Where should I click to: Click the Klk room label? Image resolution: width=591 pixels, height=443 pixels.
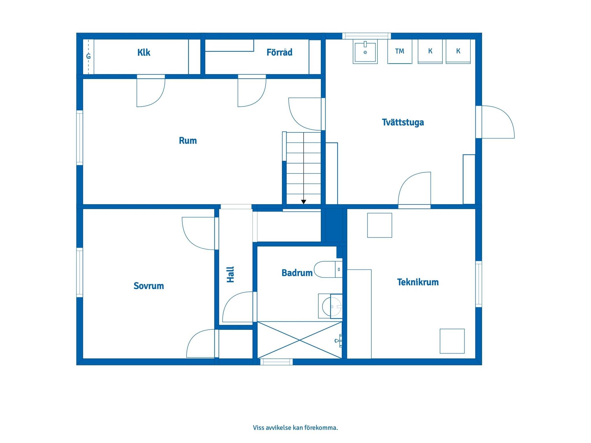pos(144,52)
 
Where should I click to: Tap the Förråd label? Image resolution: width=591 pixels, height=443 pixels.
pos(279,52)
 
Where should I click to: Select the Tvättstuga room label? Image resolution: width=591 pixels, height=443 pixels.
pos(403,122)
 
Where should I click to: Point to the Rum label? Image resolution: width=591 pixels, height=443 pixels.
pos(188,141)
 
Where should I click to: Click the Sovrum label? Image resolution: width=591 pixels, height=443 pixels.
pos(149,286)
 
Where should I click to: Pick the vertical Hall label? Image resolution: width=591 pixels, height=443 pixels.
pos(230,275)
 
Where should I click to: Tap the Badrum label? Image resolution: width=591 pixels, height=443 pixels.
pos(297,273)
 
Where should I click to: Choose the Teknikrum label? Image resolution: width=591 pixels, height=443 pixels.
pos(418,282)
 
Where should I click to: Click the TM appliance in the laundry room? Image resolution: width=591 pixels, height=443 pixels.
pos(400,51)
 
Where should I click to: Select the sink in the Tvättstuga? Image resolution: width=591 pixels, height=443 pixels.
pos(365,52)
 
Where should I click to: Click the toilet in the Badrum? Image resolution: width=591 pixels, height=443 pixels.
pos(328,269)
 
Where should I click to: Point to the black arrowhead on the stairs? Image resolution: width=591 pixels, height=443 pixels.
pos(304,202)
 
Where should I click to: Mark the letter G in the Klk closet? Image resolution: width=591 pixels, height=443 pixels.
pos(89,56)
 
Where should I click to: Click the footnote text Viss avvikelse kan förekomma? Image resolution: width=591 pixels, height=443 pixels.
pos(295,428)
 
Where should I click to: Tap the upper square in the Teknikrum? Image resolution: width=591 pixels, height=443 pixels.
pos(379,225)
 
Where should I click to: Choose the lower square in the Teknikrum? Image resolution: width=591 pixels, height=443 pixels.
pos(452,341)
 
